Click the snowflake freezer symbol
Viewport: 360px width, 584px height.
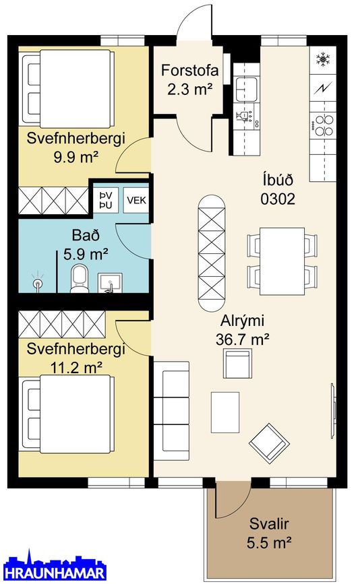pos(323,59)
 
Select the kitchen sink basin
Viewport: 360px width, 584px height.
pos(246,89)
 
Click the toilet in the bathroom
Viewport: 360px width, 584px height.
pos(79,279)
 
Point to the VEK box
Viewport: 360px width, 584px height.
pos(136,200)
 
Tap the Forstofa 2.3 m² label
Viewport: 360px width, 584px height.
pos(189,79)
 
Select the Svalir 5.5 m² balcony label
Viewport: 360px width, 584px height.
pos(269,533)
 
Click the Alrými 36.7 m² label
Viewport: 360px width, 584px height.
pos(243,330)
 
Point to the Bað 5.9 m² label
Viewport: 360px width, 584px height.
pos(86,245)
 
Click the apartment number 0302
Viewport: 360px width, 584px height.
pos(278,199)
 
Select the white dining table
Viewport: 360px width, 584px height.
pos(282,261)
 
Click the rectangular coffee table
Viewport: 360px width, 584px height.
pos(225,412)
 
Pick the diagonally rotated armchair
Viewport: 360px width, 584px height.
pos(270,443)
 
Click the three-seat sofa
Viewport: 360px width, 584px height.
pos(171,411)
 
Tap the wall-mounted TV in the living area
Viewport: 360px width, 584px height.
pos(333,410)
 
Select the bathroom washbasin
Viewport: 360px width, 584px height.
pos(110,283)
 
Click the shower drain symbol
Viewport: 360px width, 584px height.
pos(37,284)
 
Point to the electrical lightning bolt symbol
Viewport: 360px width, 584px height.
pos(323,88)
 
